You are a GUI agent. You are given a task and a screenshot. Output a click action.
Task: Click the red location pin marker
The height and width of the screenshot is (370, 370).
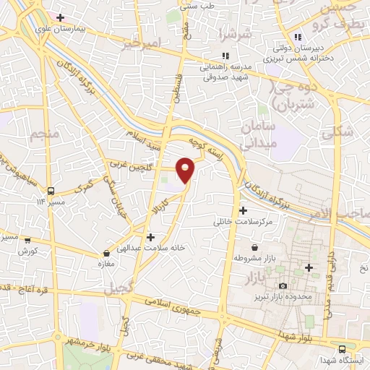coord(186,170)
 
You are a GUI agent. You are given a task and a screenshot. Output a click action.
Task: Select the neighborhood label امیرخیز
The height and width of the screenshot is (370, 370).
coord(139,45)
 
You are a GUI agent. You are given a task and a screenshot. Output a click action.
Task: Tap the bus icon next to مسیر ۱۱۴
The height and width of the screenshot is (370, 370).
coord(51,191)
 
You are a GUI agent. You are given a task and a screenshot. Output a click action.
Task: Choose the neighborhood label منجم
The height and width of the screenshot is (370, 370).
coord(43,134)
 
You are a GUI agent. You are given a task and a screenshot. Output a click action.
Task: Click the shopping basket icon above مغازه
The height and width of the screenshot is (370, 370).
coord(107,254)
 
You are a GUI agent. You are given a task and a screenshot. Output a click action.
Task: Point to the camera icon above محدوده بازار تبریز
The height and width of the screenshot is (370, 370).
coord(282,286)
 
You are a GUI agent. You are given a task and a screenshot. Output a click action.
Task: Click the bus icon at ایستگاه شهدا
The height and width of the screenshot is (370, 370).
coord(342,348)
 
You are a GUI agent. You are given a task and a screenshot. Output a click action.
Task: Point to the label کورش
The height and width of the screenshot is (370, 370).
coord(28,251)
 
